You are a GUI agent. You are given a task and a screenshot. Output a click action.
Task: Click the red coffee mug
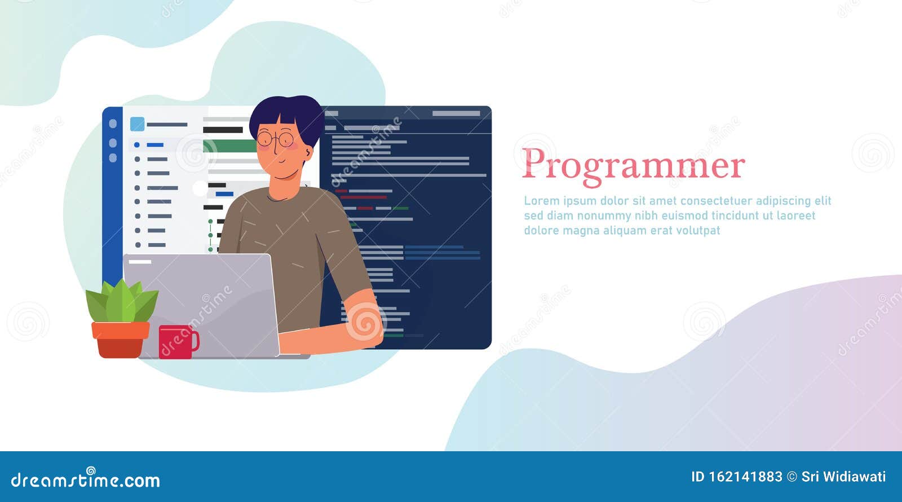pos(176,342)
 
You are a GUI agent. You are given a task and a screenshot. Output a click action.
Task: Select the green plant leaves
pos(122,302)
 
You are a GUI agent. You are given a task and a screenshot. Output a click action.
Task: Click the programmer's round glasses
pos(276,138)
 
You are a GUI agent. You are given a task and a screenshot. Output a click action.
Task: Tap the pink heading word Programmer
pos(633,165)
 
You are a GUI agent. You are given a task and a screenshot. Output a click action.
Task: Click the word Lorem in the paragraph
pos(541,201)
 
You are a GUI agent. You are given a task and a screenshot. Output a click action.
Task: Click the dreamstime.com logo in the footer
pos(86,480)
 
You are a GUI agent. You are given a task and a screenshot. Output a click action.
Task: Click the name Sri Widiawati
pos(843,477)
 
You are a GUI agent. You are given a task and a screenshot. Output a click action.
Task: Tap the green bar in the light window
pos(228,146)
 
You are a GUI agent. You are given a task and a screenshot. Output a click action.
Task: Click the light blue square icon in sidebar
pos(137,124)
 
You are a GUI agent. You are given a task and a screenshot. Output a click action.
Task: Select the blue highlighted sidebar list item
pos(154,145)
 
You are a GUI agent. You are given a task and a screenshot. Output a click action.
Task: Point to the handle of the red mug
pos(195,341)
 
